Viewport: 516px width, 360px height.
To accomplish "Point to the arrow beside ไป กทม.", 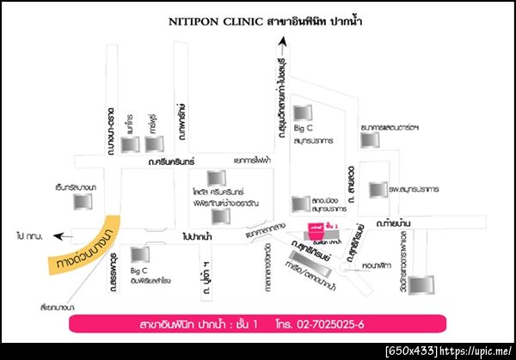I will [x=58, y=234].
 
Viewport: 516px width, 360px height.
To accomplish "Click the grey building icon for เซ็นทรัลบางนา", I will [x=83, y=203].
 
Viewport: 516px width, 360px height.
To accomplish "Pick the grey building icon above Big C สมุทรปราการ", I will [x=301, y=113].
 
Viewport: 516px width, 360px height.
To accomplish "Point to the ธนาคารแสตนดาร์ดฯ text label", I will [x=390, y=127].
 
